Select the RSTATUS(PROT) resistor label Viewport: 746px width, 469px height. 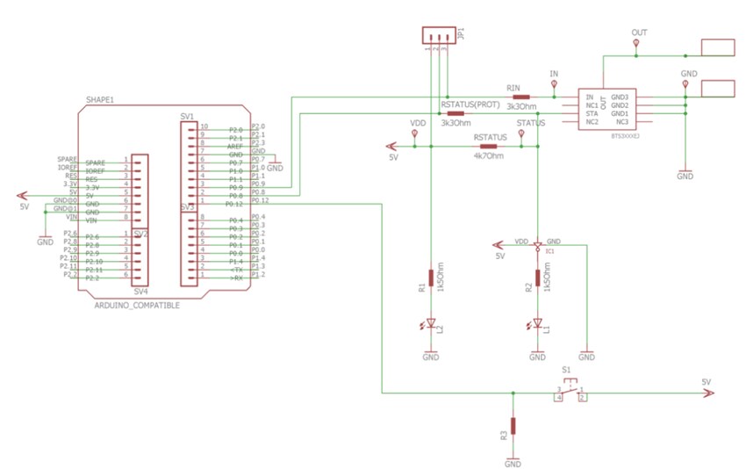pos(471,105)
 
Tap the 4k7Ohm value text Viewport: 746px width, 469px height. pos(489,156)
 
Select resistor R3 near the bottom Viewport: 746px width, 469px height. pos(513,426)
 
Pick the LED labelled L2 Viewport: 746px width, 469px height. pos(430,324)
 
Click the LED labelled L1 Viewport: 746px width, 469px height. pos(537,324)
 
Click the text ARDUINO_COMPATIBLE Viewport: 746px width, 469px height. pos(136,305)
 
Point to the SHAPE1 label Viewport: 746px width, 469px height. pos(100,100)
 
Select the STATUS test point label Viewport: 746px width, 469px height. pos(532,123)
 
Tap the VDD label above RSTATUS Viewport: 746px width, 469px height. pos(417,123)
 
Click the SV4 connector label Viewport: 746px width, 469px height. pos(140,291)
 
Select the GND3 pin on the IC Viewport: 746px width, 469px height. pos(620,97)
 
